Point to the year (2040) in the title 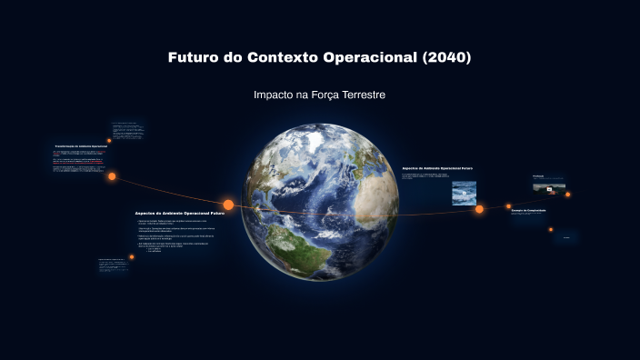click(x=447, y=57)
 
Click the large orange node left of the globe click(x=228, y=205)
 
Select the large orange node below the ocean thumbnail click(x=479, y=209)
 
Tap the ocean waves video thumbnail click(x=464, y=193)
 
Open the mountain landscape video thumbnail click(x=548, y=188)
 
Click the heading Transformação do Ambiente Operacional click(x=81, y=145)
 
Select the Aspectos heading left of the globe click(x=179, y=212)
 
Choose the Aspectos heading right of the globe click(x=437, y=168)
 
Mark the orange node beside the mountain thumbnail click(x=568, y=194)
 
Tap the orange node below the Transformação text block click(x=112, y=176)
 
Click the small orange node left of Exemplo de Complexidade click(x=508, y=206)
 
